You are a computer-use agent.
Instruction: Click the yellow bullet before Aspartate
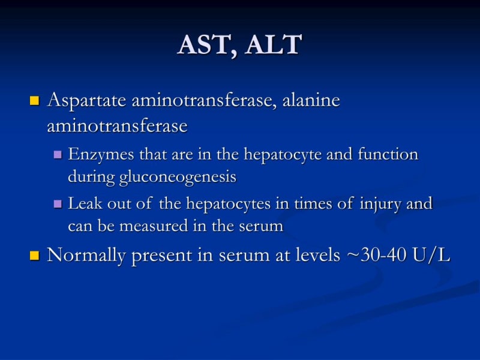[x=34, y=100]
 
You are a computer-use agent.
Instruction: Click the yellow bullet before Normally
[x=34, y=256]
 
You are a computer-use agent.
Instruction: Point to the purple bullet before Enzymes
[x=58, y=155]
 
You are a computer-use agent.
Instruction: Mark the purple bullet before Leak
[x=58, y=204]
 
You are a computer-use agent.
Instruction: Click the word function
[x=388, y=154]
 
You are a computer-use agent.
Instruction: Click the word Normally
[x=86, y=256]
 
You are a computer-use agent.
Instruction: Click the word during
[x=89, y=177]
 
